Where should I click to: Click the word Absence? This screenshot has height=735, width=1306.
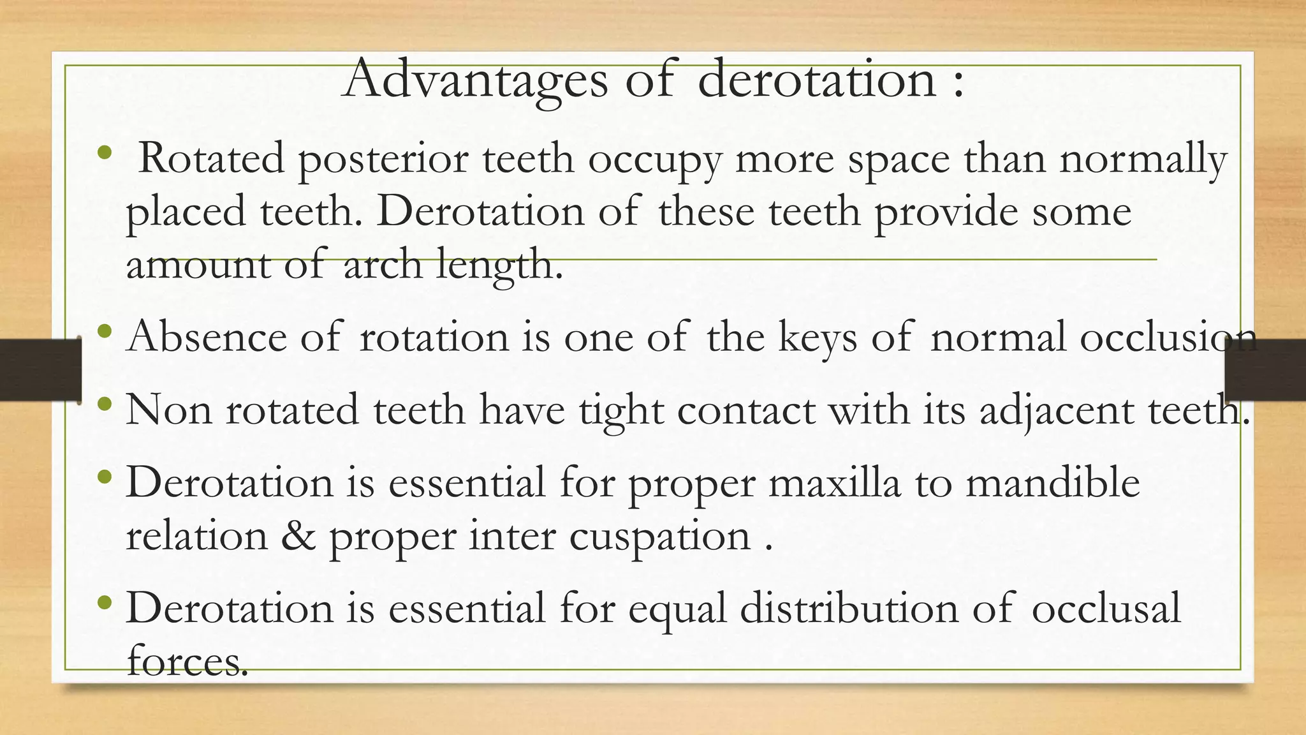click(x=207, y=336)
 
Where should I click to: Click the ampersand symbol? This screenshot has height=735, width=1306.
click(x=298, y=536)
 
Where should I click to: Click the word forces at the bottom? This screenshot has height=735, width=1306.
click(x=187, y=660)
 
